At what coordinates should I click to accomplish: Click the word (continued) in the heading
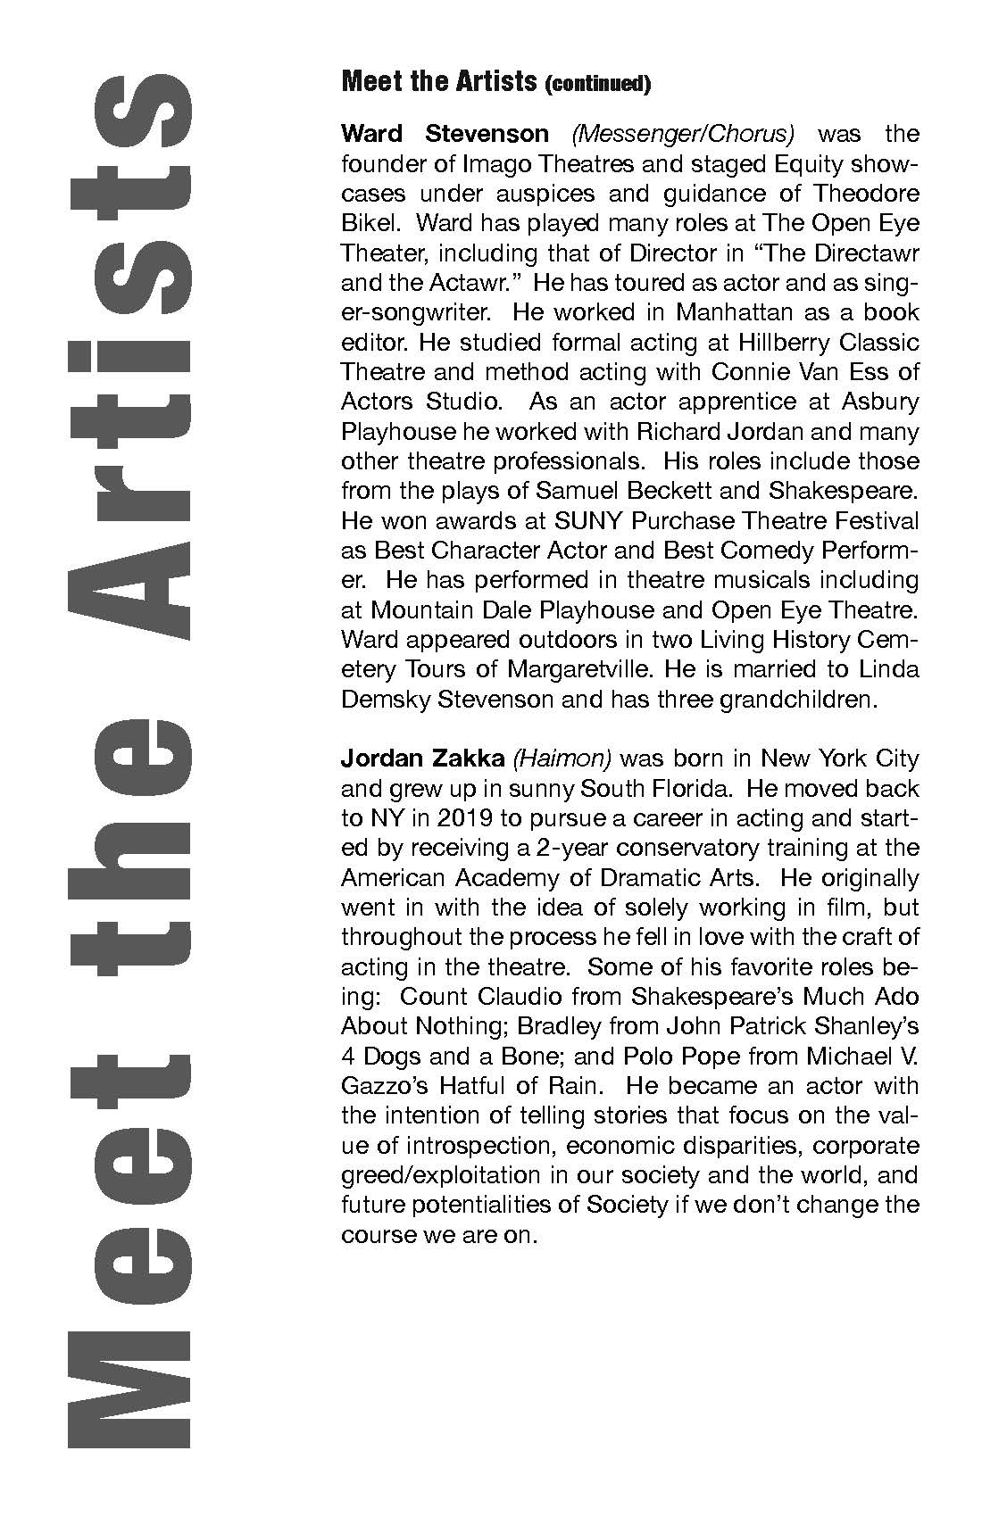pyautogui.click(x=597, y=85)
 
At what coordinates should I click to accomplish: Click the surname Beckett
pyautogui.click(x=677, y=491)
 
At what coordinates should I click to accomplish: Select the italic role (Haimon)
pyautogui.click(x=562, y=758)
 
